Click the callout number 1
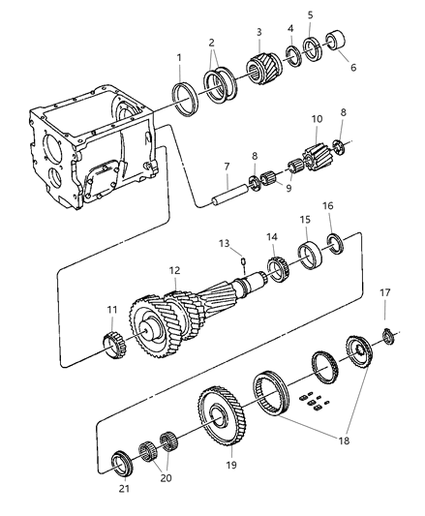click(178, 57)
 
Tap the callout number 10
click(316, 119)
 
